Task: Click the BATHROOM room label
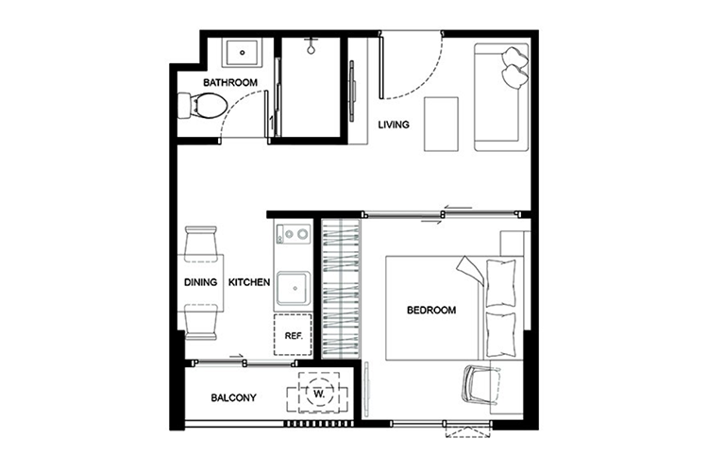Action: pos(230,83)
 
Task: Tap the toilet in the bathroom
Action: pos(202,106)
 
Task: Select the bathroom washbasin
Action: pos(242,53)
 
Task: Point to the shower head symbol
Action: pos(311,46)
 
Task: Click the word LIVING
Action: pos(394,125)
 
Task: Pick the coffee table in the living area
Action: pos(441,124)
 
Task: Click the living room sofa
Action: pos(501,97)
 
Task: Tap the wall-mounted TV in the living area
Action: pos(352,91)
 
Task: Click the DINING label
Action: pos(200,282)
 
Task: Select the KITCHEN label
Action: pos(249,282)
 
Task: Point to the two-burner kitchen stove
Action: pos(293,234)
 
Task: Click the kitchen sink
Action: pos(294,288)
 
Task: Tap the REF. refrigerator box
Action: pos(293,335)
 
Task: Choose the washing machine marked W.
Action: pos(319,393)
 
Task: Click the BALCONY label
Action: pos(233,398)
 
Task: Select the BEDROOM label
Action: pos(431,311)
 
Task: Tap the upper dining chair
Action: pos(201,244)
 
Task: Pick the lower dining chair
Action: pos(201,322)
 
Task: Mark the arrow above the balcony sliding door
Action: pos(237,357)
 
